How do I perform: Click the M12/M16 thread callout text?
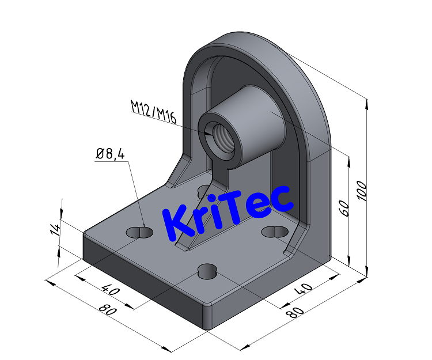pyautogui.click(x=153, y=108)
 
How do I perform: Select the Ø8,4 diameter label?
pyautogui.click(x=111, y=154)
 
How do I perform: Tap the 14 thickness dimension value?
pyautogui.click(x=55, y=229)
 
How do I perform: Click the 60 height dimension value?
pyautogui.click(x=344, y=208)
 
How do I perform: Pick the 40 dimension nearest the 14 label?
pyautogui.click(x=112, y=290)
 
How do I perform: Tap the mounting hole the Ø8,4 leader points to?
pyautogui.click(x=139, y=232)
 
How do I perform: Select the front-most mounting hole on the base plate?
pyautogui.click(x=207, y=271)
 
